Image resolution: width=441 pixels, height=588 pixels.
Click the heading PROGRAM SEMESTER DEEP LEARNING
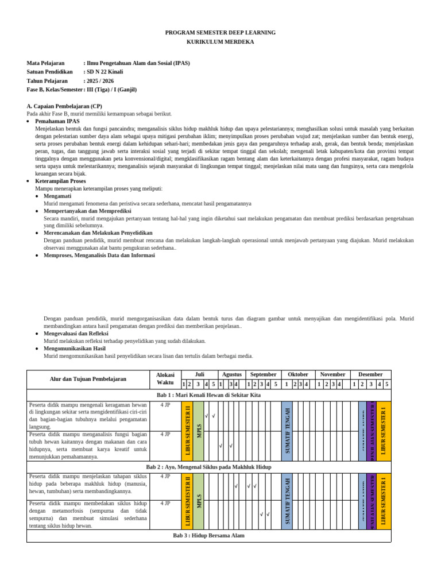click(220, 33)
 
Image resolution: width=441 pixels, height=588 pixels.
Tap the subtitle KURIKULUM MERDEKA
click(220, 42)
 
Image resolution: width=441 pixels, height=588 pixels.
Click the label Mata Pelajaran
click(45, 63)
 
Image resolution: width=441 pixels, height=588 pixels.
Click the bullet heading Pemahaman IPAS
click(57, 122)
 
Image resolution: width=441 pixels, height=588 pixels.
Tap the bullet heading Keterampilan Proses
click(60, 181)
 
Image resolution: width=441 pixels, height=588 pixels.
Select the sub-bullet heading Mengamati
click(59, 196)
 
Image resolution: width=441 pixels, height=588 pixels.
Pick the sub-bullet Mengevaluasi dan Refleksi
click(76, 333)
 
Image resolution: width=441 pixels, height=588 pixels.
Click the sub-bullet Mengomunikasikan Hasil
click(75, 348)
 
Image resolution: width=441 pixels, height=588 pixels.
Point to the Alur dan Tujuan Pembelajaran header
click(88, 379)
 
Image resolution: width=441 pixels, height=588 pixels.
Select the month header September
click(263, 374)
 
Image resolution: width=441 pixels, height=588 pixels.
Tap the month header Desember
click(370, 374)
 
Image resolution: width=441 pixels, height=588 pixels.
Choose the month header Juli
click(199, 374)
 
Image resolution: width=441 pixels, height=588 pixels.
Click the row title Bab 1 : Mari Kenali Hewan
click(208, 395)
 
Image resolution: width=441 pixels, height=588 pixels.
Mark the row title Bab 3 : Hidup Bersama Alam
click(208, 536)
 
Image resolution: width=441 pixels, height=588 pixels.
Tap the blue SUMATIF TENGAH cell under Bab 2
click(287, 500)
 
